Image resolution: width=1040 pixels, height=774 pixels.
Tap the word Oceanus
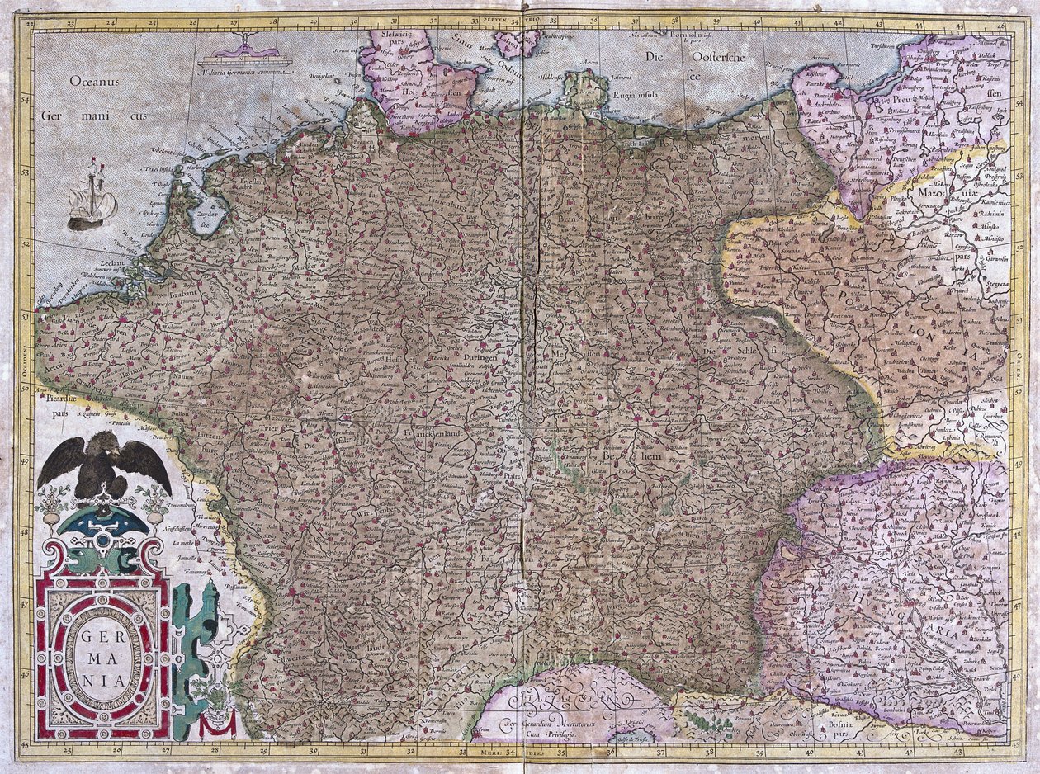pyautogui.click(x=95, y=82)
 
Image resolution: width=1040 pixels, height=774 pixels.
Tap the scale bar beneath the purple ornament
pyautogui.click(x=244, y=62)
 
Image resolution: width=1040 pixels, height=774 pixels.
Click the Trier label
pyautogui.click(x=286, y=429)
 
